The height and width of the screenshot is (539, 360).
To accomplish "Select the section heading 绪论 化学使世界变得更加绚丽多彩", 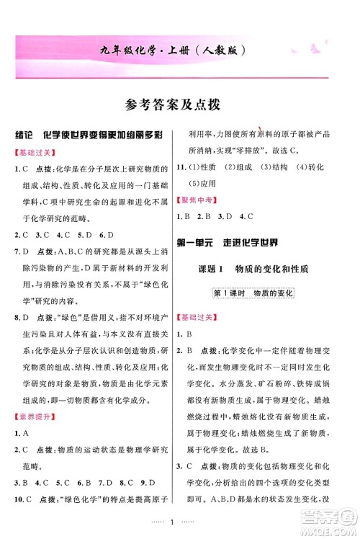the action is click(90, 135).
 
